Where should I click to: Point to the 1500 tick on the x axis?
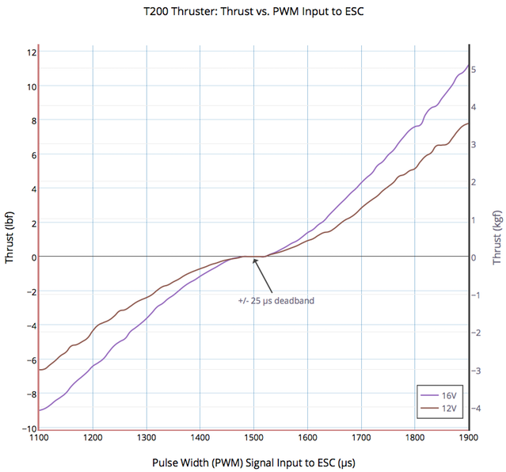pyautogui.click(x=253, y=436)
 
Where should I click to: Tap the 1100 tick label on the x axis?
pyautogui.click(x=39, y=436)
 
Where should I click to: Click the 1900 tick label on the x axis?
pyautogui.click(x=468, y=436)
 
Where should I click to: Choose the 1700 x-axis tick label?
pyautogui.click(x=361, y=436)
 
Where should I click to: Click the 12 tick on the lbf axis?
pyautogui.click(x=32, y=52)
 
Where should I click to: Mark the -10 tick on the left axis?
pyautogui.click(x=29, y=428)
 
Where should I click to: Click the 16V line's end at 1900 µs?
pyautogui.click(x=468, y=66)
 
